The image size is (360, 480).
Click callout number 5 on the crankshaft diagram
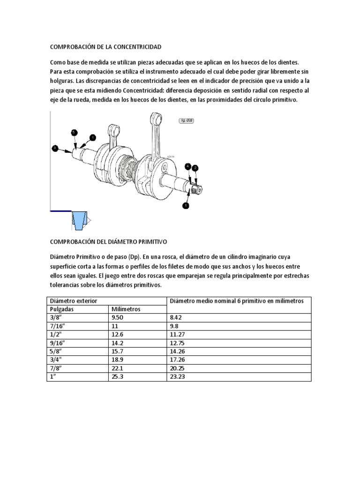pos(74,133)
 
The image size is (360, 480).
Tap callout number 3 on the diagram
pos(55,148)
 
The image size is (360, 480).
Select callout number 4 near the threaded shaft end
pos(188,166)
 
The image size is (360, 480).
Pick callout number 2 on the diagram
pos(195,168)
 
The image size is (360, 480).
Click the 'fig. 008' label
pos(186,120)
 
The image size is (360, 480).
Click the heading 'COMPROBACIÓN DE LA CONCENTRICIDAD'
pos(105,47)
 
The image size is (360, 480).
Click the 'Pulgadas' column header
pos(63,309)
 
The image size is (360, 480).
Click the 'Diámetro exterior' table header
pos(74,300)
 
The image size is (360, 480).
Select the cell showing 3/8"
pos(56,318)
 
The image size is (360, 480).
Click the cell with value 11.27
pos(179,335)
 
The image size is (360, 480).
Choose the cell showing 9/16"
pos(57,343)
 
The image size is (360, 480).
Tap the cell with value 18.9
pos(117,360)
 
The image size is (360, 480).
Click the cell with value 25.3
pos(117,377)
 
